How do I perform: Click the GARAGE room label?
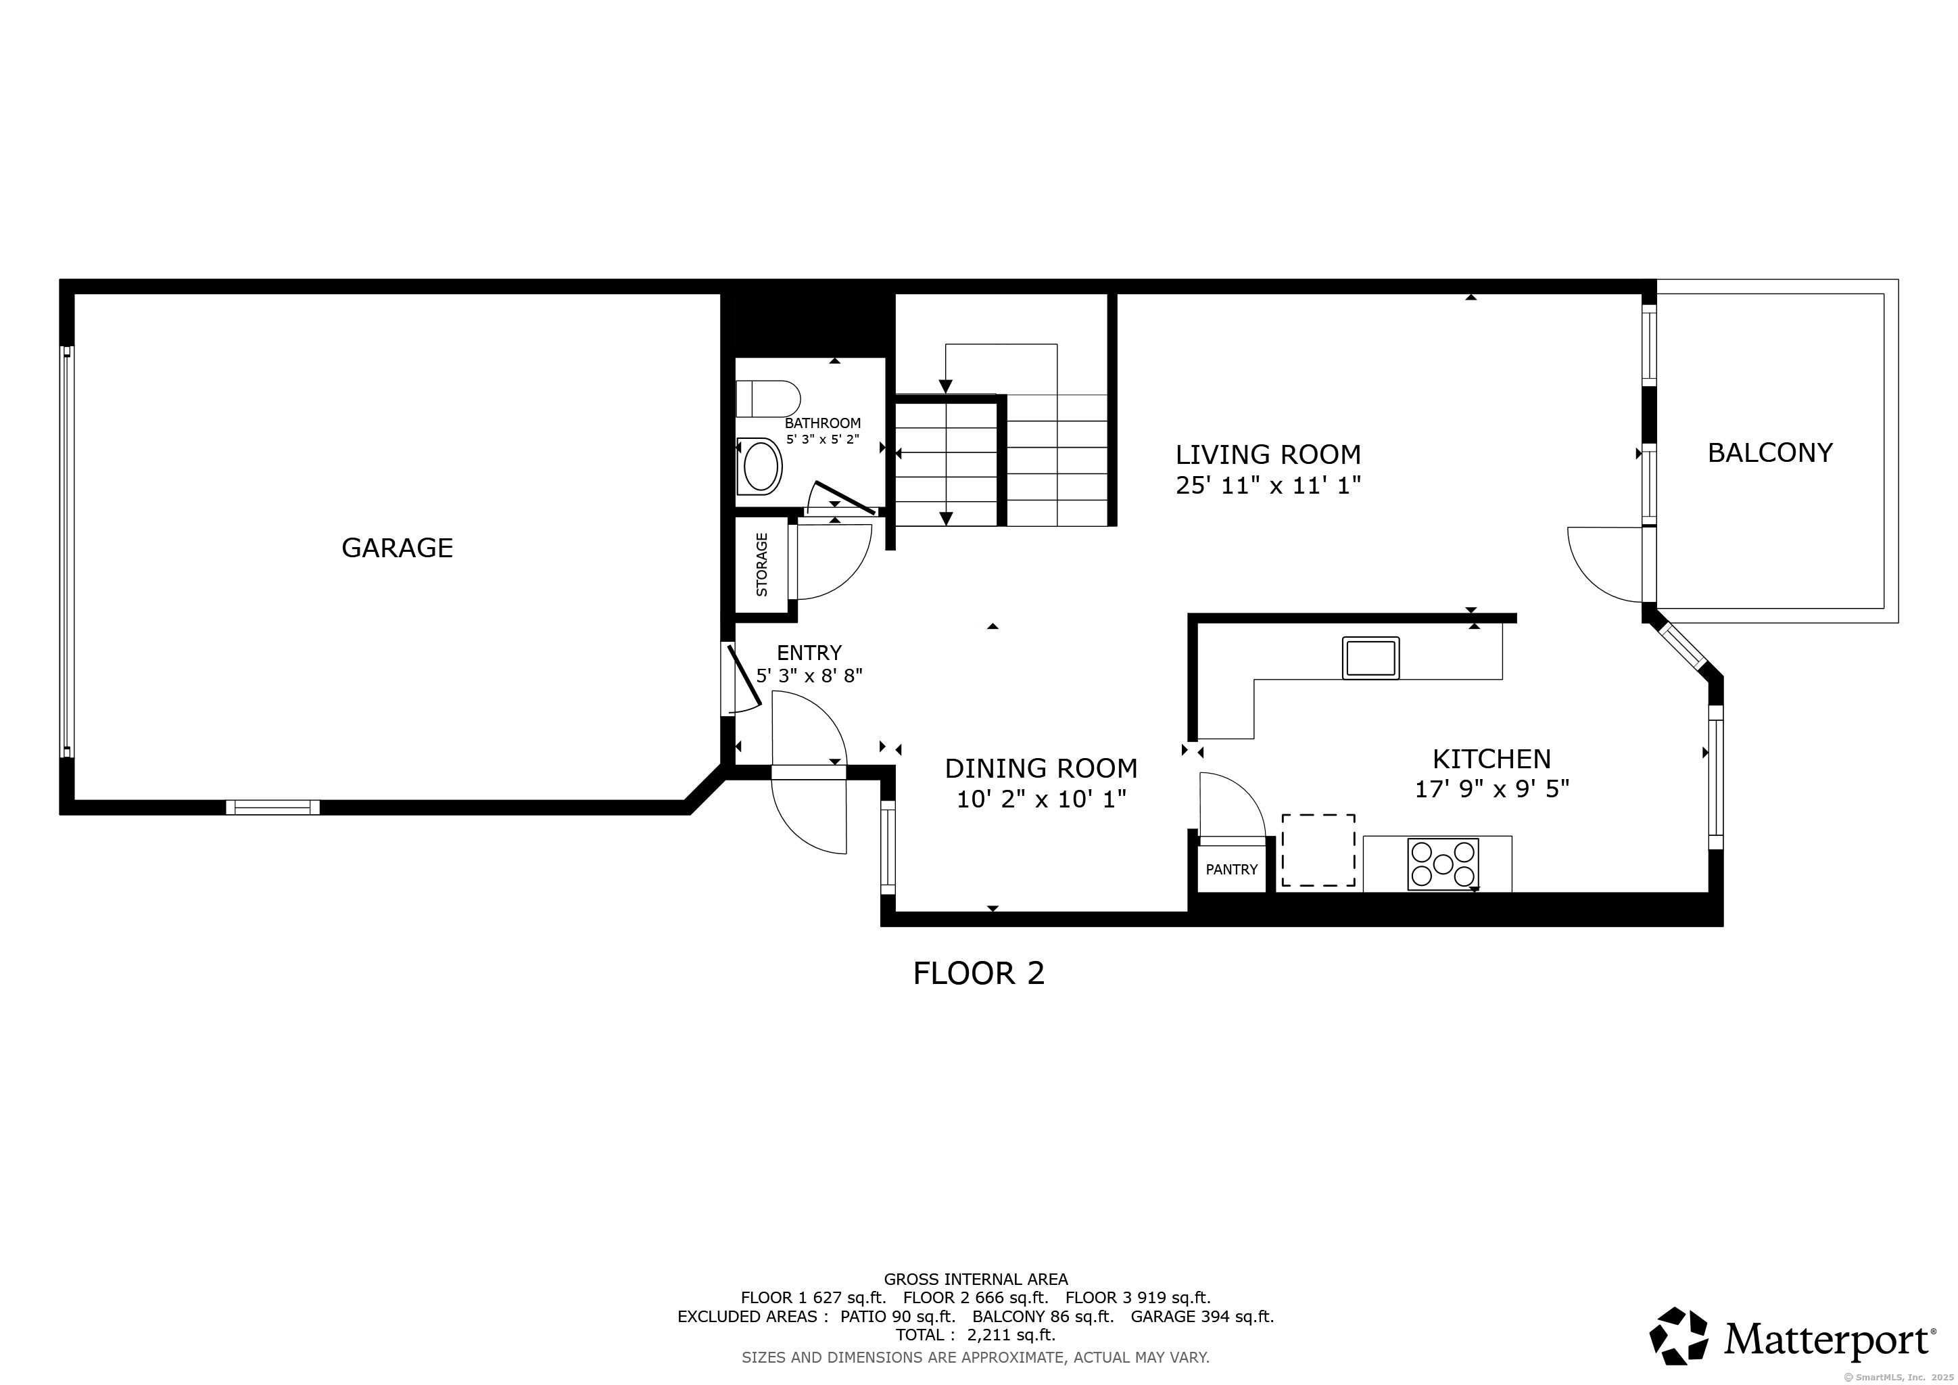coord(397,548)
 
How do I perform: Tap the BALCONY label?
coord(1771,453)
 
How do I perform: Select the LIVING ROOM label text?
coord(1268,454)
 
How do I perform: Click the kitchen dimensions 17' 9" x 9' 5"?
coord(1491,789)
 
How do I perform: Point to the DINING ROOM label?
coord(1041,768)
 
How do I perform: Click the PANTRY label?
coord(1231,869)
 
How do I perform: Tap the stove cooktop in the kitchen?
coord(1443,864)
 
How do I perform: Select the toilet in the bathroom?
coord(768,399)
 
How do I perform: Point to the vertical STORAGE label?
coord(761,565)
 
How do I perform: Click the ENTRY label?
coord(809,653)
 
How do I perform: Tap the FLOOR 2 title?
coord(978,973)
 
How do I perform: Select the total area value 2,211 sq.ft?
coord(1011,1335)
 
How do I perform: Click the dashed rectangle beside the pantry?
coord(1318,850)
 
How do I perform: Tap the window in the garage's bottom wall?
coord(273,807)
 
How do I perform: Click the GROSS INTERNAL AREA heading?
coord(976,1280)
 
